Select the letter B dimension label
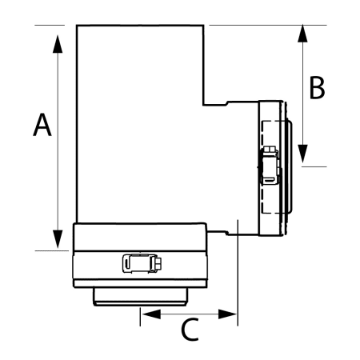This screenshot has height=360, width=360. coord(317,88)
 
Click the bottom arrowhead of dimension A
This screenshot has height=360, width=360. coord(58,238)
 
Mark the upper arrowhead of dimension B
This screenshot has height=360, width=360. coord(302,35)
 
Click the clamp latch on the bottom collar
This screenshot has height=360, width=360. coord(140,262)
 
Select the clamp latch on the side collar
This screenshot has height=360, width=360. coord(270,166)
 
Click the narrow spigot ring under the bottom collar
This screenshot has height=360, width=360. coord(140,297)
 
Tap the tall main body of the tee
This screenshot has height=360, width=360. coord(140,120)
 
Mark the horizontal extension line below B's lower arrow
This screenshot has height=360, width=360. coord(314,166)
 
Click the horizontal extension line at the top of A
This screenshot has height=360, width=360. coord(52,26)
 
